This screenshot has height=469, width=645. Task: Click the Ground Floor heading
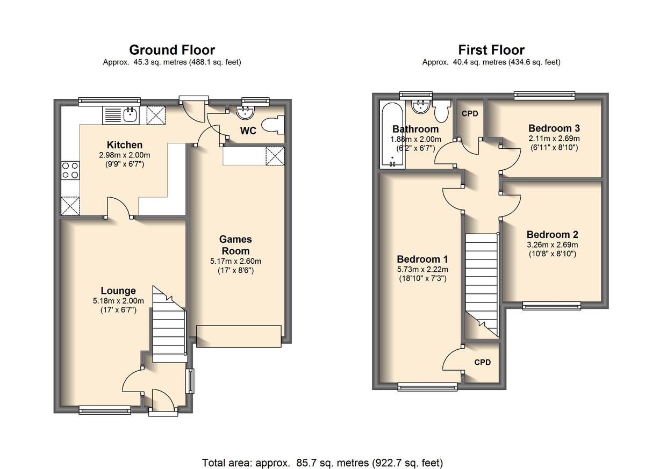(x=172, y=50)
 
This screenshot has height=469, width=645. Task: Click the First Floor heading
(x=491, y=50)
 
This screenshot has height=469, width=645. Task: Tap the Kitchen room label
(x=124, y=145)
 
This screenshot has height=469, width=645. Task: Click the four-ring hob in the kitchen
(x=70, y=170)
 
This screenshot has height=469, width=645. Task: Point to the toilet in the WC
(x=273, y=125)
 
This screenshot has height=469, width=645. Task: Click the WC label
(x=248, y=131)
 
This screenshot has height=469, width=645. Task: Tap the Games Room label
(x=235, y=245)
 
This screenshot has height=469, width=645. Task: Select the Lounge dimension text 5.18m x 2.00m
(x=118, y=301)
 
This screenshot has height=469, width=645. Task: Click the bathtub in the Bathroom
(x=392, y=134)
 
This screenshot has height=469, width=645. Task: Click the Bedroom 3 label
(x=554, y=128)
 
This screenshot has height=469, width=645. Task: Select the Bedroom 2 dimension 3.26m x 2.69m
(x=553, y=245)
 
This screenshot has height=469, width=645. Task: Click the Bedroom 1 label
(x=422, y=259)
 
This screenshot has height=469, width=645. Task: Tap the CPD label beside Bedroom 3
(x=470, y=114)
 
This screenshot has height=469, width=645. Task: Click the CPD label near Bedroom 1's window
(x=482, y=362)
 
